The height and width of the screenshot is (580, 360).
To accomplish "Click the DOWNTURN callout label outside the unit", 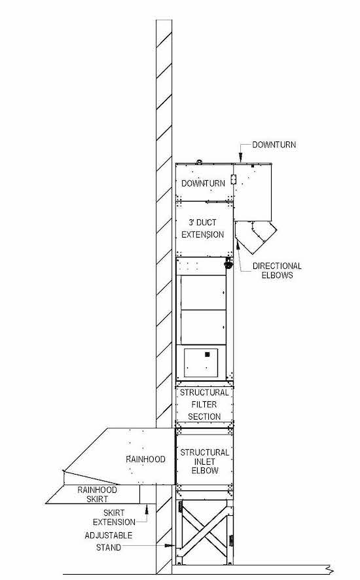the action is coord(274,145).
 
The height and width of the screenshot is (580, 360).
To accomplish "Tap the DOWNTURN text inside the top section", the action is coord(203,183).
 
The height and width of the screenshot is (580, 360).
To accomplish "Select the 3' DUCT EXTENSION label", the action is coord(202,228).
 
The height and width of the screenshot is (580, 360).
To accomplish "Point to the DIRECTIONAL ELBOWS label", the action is coord(277,270).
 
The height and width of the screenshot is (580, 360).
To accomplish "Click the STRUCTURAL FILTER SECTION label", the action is coord(204,405).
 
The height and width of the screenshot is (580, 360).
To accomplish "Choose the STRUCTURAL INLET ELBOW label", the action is coord(205,462).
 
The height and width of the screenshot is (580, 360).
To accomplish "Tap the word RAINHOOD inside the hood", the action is coord(145,459).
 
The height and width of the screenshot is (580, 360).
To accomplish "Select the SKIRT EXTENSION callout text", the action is coord(114,517).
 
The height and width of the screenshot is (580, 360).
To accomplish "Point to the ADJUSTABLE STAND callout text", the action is coord(109,541).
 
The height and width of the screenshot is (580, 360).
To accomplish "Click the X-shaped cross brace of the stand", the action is coord(205,532).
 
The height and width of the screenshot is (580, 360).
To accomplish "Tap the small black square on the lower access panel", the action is coord(207,354).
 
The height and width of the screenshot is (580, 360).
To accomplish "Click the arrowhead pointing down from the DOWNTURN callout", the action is coord(240,158).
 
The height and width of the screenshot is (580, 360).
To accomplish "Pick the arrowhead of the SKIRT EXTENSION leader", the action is coord(147,509).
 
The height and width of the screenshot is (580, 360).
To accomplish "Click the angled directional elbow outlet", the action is coord(255,237).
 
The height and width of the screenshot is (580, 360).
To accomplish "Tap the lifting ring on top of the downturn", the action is coord(199,161).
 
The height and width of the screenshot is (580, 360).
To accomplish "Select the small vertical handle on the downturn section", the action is coord(233,179).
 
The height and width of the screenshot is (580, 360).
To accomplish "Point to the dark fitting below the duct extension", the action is coord(228,263).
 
